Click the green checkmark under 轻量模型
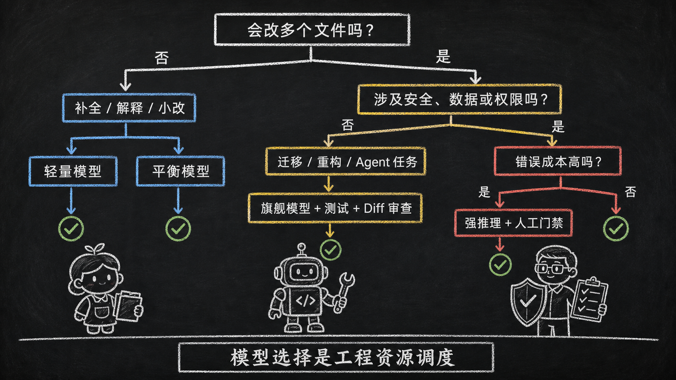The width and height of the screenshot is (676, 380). pyautogui.click(x=71, y=229)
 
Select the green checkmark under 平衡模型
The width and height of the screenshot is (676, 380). pyautogui.click(x=178, y=229)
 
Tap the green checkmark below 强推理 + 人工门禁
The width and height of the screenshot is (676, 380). pyautogui.click(x=500, y=265)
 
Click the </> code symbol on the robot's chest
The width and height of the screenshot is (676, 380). pyautogui.click(x=305, y=300)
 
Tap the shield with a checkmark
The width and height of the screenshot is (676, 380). pyautogui.click(x=528, y=302)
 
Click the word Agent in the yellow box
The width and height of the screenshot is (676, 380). pyautogui.click(x=373, y=162)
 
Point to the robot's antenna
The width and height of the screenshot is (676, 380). pyautogui.click(x=301, y=250)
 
